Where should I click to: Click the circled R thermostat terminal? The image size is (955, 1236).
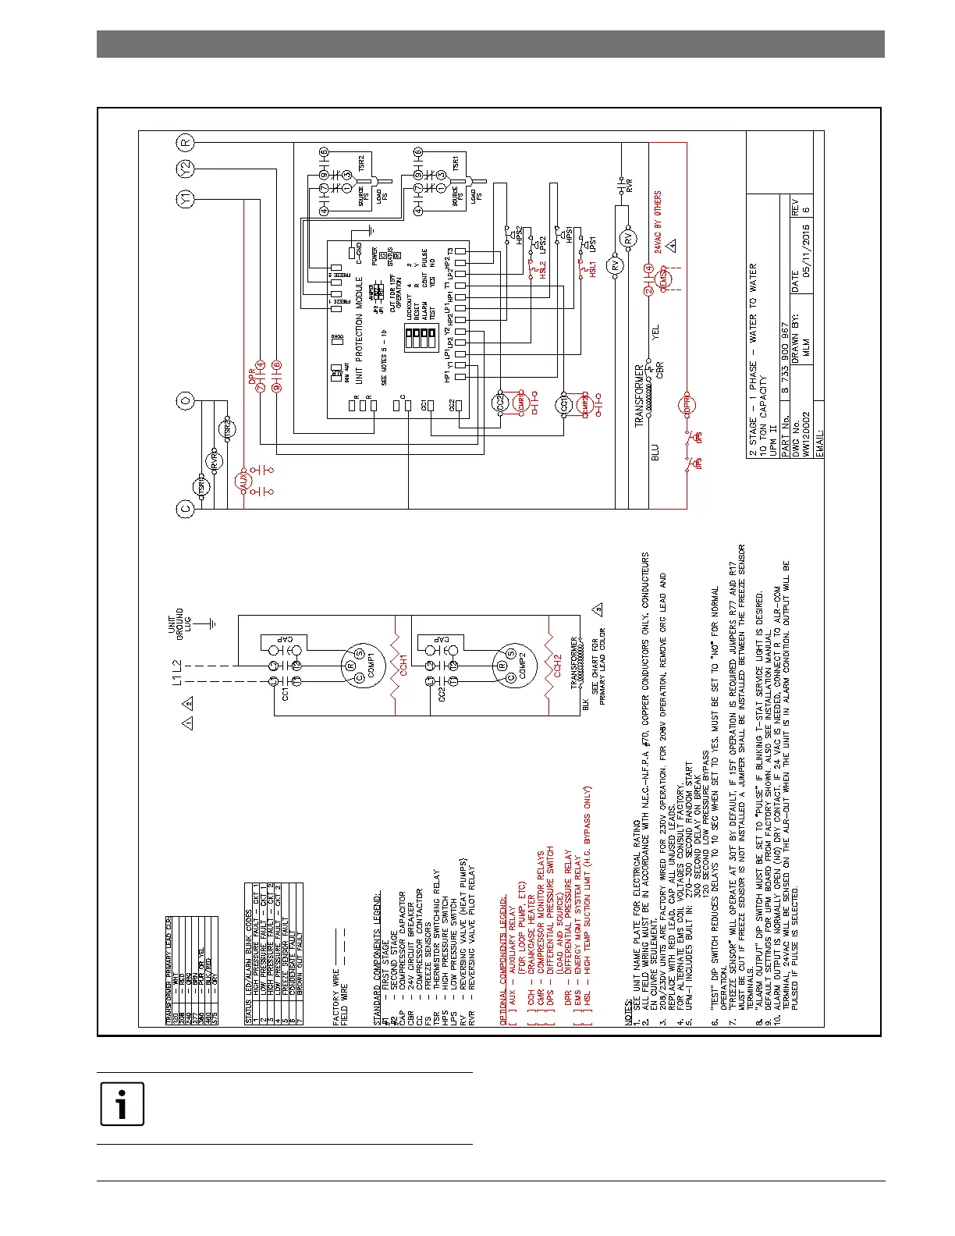click(x=186, y=143)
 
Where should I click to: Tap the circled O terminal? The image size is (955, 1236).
click(x=186, y=401)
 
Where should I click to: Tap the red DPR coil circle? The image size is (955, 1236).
click(x=687, y=405)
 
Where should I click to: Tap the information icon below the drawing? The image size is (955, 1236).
click(x=122, y=1104)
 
